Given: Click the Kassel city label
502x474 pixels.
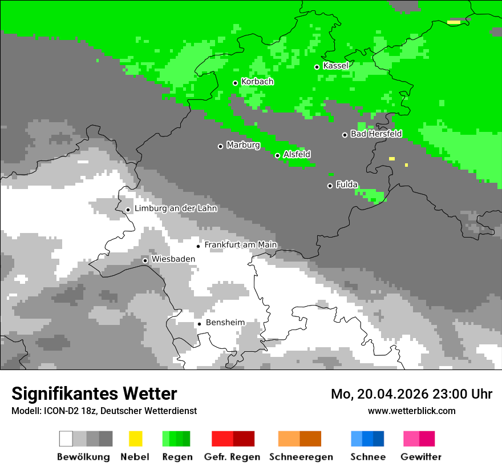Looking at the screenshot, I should point(335,66).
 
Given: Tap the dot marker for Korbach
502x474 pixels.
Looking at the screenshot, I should point(235,83).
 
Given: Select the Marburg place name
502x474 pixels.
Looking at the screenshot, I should point(243,145).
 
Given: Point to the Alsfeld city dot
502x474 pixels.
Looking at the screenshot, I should point(277,155).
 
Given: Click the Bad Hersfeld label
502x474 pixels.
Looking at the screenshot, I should point(376,134).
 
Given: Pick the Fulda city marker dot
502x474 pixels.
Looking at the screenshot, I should point(330,186).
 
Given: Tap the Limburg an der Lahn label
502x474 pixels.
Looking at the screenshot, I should point(176,208).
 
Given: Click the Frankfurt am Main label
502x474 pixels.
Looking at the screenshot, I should point(240,245).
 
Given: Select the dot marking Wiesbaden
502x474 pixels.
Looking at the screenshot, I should point(145,260).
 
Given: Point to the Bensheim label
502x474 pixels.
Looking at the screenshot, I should point(225,323).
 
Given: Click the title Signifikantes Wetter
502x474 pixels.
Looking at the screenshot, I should point(94,393).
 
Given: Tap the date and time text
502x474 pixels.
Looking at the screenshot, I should point(411,394).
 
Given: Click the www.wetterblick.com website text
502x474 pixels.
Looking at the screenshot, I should point(411,411).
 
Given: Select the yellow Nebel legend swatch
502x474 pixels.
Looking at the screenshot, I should point(135,439).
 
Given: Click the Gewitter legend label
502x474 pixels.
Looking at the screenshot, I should point(420,457).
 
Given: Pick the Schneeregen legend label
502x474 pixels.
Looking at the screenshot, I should point(301,457).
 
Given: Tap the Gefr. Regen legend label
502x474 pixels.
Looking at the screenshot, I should point(232,457).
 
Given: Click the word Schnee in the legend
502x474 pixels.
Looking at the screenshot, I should point(368,457).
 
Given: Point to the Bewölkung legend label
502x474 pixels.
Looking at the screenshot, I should point(83,457).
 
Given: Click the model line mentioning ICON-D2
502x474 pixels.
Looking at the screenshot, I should point(104,411).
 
